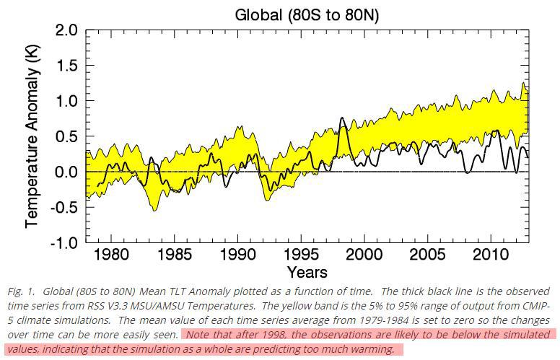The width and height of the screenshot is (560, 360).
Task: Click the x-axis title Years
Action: coord(307,272)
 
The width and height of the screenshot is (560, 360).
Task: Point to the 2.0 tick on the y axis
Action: coord(66,30)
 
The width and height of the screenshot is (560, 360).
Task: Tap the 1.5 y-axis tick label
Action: coord(66,66)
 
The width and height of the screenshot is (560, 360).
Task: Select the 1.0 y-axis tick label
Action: coord(66,101)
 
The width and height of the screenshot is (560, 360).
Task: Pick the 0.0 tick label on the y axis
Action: coord(66,172)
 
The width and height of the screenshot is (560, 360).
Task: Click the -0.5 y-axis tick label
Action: coord(62,207)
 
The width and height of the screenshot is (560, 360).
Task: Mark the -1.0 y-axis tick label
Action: coord(62,242)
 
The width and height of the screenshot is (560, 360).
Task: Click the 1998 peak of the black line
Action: coord(341,118)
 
